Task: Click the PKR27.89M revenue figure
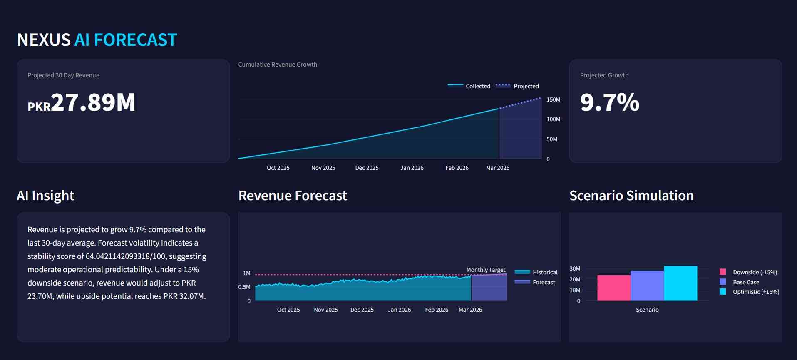point(82,102)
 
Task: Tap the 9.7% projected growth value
point(609,102)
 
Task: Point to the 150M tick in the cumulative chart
point(553,99)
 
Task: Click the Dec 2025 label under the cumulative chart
point(367,168)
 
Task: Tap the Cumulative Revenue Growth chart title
point(278,65)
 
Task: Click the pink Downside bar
point(613,288)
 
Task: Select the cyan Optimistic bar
point(680,283)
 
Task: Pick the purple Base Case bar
point(647,286)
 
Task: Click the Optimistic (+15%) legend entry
point(755,292)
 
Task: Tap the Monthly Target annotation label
point(486,270)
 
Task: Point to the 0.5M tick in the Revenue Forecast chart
point(244,287)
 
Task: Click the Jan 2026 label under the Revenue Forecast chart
point(399,310)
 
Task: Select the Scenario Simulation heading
point(631,196)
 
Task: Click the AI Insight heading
point(45,196)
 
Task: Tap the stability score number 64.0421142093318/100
point(125,256)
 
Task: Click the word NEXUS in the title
point(44,40)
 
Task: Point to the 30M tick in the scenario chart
point(575,268)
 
